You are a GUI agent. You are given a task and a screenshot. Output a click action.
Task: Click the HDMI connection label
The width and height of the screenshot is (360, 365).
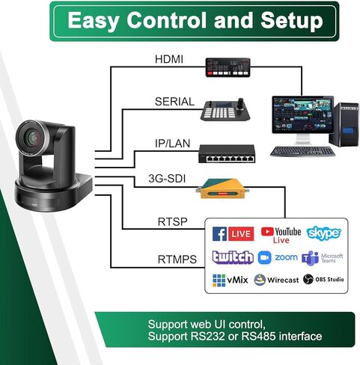tap(168, 58)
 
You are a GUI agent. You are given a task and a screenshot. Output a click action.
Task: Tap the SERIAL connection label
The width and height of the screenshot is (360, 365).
tap(174, 101)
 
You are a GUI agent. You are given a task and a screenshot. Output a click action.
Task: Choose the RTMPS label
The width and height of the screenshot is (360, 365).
tap(177, 260)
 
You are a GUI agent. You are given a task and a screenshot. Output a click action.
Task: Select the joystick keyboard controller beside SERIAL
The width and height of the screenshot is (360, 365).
tap(224, 109)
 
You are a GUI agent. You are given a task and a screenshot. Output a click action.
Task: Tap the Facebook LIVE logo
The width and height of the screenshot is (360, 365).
tap(233, 233)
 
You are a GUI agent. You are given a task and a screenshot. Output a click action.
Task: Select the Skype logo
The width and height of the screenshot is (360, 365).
tap(324, 233)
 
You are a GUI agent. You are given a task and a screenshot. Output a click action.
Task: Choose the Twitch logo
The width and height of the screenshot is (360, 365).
tap(233, 257)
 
